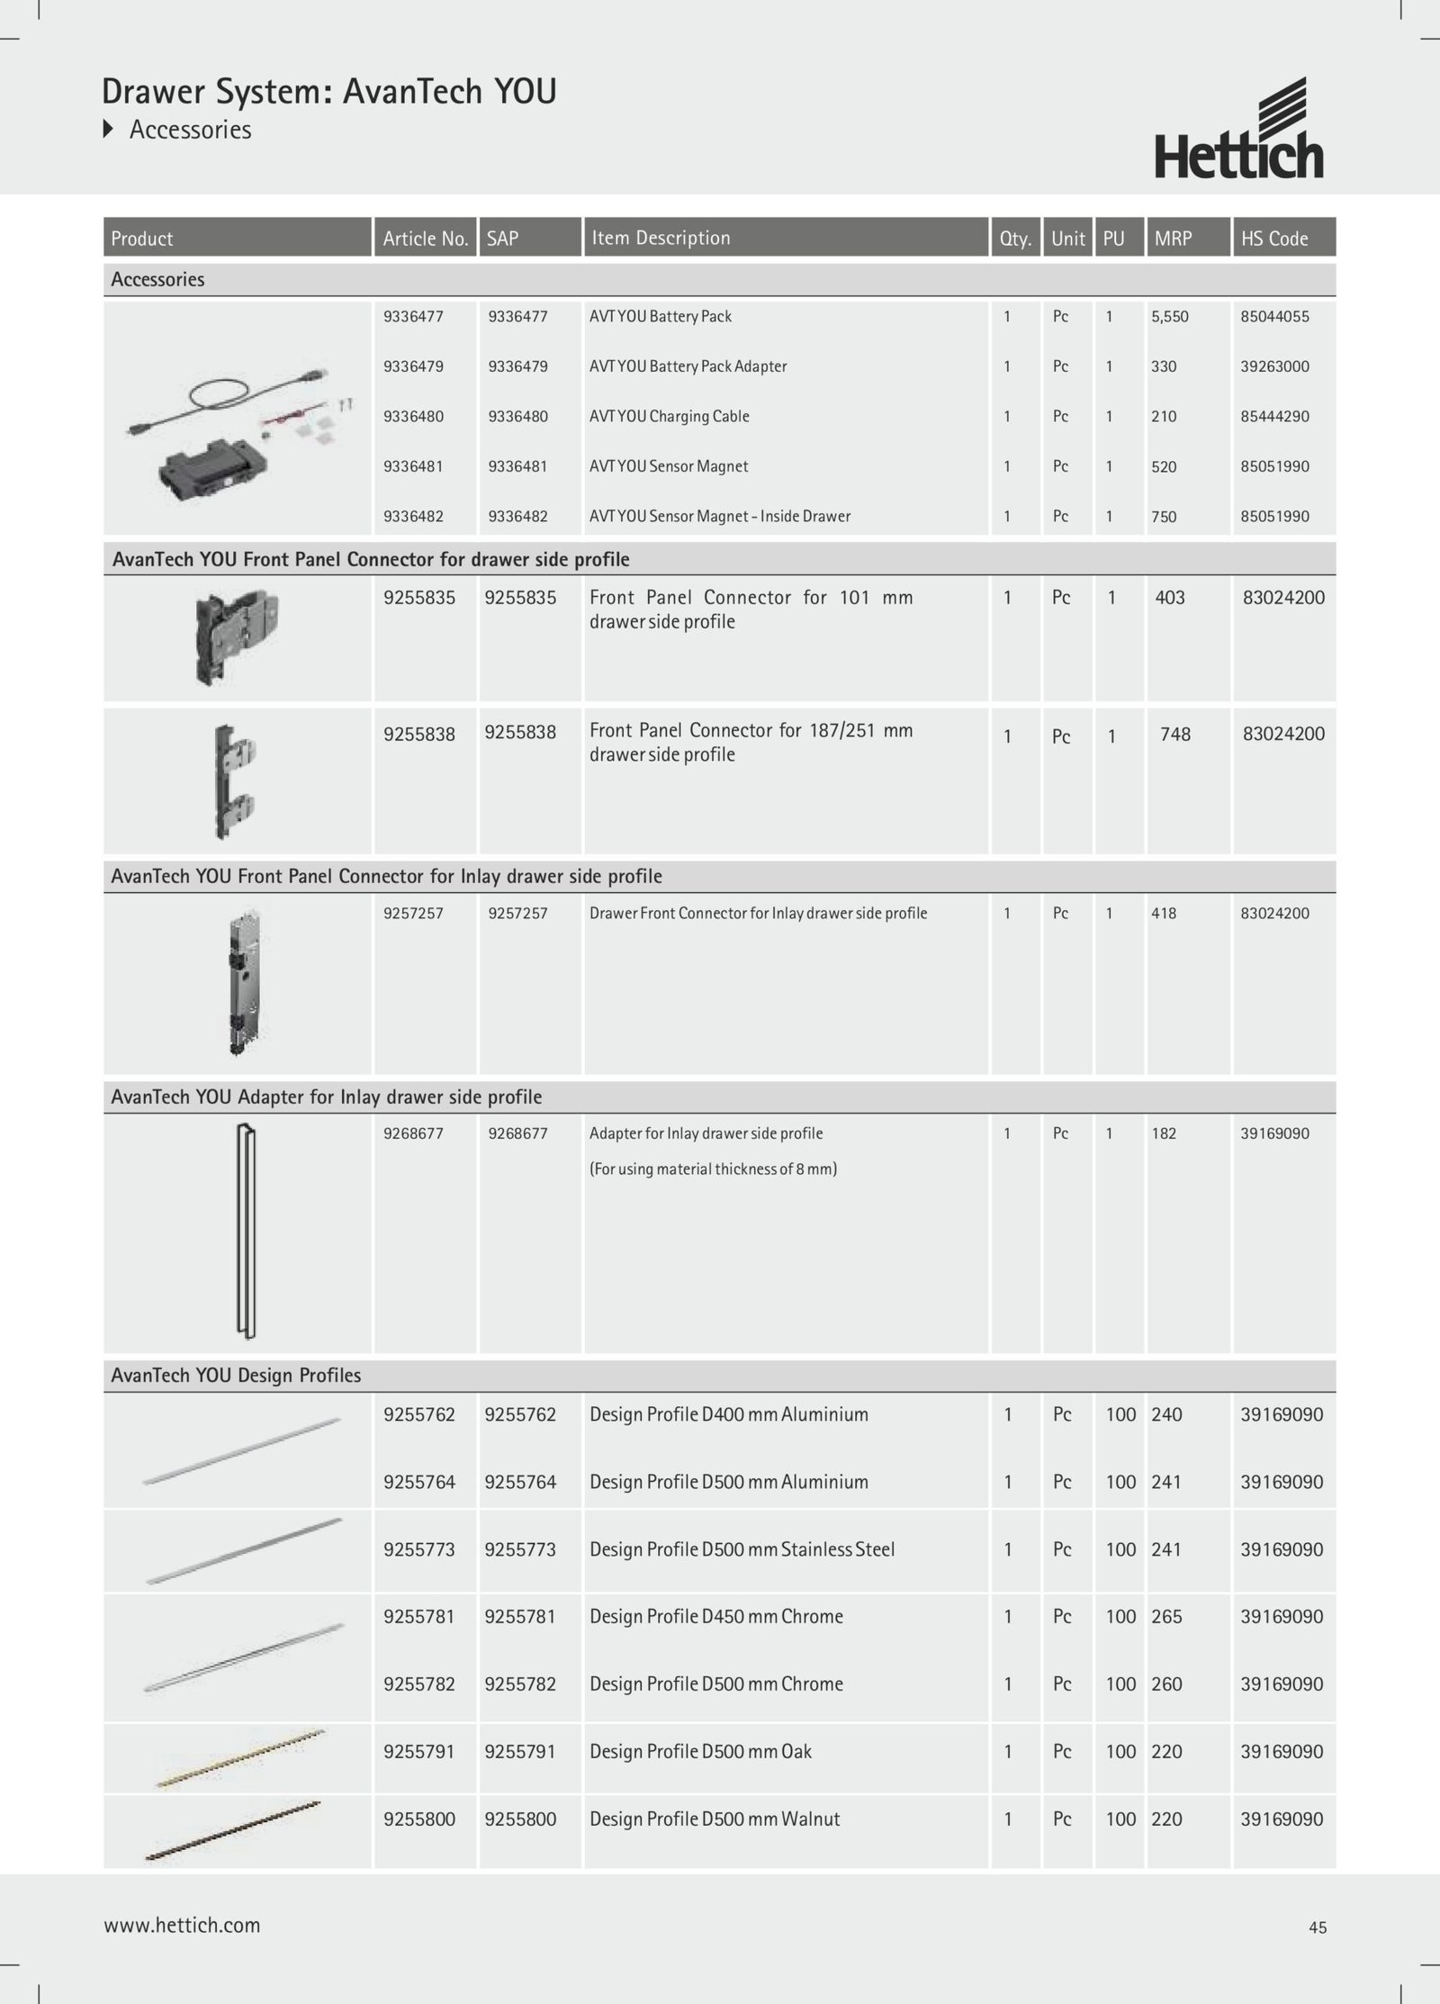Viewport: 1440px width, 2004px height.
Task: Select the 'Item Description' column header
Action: (661, 238)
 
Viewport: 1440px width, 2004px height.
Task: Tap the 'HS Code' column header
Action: (1274, 239)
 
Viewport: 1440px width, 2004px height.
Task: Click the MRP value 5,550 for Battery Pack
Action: (1170, 317)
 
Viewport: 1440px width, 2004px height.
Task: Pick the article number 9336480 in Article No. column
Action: (413, 417)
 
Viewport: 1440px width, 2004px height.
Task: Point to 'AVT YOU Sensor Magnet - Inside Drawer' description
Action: (719, 517)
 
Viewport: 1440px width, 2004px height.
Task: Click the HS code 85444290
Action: (1274, 417)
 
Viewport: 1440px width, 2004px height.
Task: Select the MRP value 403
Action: (1170, 598)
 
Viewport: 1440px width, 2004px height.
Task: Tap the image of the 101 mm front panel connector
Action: (237, 636)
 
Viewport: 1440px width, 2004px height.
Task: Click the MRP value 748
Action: (1175, 735)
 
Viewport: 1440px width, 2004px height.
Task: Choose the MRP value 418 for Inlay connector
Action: (1164, 914)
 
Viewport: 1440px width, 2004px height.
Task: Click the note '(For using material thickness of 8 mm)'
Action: (713, 1169)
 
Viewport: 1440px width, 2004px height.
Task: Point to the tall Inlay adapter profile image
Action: (246, 1232)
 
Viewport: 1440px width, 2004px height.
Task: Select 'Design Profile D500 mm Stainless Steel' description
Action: (742, 1549)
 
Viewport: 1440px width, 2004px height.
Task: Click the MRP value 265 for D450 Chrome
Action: (1166, 1617)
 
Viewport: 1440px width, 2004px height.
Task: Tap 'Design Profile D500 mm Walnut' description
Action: (715, 1819)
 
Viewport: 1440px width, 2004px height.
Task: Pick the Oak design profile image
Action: (241, 1758)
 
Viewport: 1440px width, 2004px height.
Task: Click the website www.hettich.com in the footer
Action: (182, 1926)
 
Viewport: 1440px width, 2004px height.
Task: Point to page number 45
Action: (1318, 1927)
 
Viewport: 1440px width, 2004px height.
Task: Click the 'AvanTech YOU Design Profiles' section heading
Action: (236, 1376)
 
